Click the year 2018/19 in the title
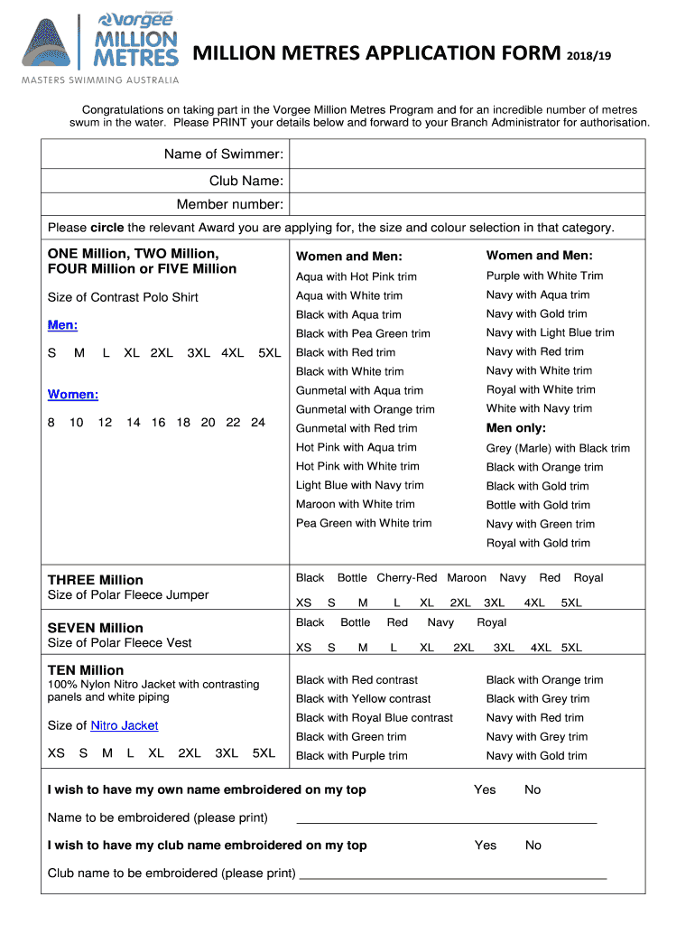[x=590, y=56]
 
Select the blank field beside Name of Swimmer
[x=468, y=154]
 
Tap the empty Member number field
[x=468, y=205]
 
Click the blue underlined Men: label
[x=62, y=324]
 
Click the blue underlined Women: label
[x=72, y=394]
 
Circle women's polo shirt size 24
[x=258, y=422]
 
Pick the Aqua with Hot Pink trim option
[x=357, y=276]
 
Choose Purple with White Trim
[x=544, y=276]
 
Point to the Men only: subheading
[x=515, y=427]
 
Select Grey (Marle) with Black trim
[x=558, y=448]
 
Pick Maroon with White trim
[x=356, y=504]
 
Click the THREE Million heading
[x=95, y=580]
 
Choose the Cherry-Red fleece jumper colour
[x=406, y=577]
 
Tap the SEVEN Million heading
[x=95, y=628]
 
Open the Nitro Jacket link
[x=125, y=725]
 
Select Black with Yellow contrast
[x=364, y=698]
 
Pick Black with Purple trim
[x=352, y=755]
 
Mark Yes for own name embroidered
[x=485, y=790]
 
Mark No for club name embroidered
[x=533, y=846]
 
